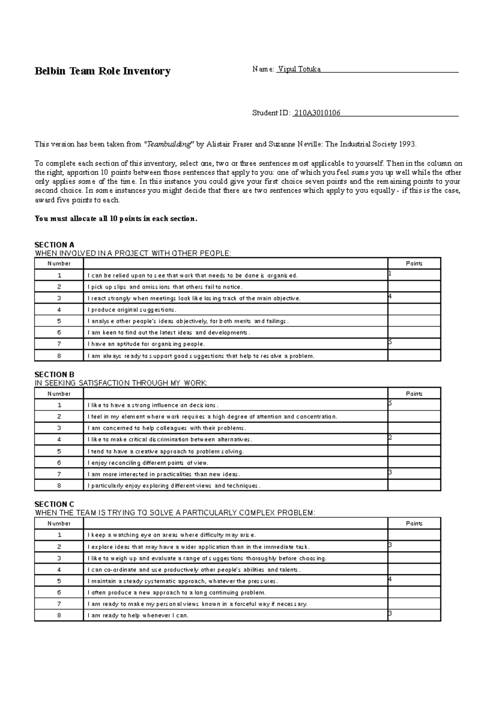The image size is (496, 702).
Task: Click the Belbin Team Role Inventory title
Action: point(102,72)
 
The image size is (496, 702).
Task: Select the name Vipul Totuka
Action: point(300,69)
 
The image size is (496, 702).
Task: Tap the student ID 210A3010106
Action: point(317,113)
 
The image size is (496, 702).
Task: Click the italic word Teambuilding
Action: point(169,144)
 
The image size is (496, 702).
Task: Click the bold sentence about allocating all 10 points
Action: point(116,219)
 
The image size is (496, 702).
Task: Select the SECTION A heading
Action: point(54,245)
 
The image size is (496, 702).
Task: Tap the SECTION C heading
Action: point(54,504)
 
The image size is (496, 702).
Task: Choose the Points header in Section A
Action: point(414,263)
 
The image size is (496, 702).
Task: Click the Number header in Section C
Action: point(59,523)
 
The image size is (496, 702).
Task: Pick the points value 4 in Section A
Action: point(390,296)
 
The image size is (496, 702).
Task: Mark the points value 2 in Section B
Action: point(390,437)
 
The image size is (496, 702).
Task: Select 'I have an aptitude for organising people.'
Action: point(146,344)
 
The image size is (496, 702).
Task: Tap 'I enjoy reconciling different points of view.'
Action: point(148,463)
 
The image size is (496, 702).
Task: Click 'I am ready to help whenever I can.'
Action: point(138,616)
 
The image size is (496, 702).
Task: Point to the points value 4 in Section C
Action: point(390,579)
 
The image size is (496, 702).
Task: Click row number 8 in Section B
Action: point(59,486)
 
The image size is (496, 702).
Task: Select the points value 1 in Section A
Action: point(390,273)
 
